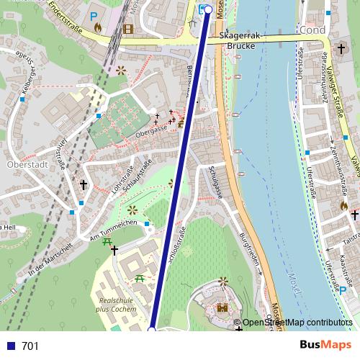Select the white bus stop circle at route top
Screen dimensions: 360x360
pos(209,9)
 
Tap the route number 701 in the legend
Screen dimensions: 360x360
pos(30,346)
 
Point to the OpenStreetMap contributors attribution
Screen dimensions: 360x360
pos(297,323)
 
